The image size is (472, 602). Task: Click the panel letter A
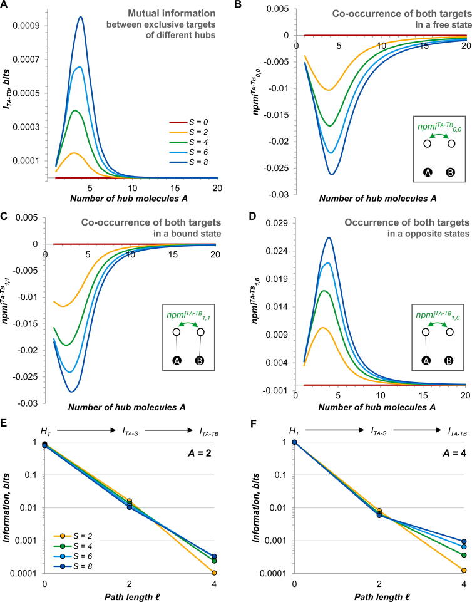pos(6,6)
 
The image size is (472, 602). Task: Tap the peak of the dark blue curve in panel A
pos(81,17)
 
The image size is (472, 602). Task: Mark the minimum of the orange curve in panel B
pos(327,90)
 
